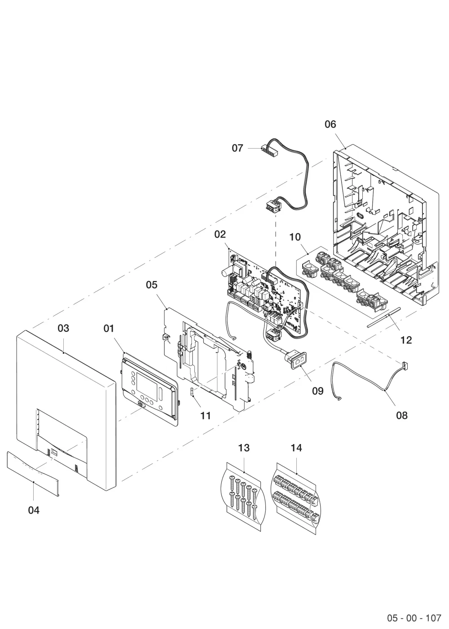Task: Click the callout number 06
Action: point(330,124)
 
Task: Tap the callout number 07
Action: point(237,148)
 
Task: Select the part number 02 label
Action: point(220,234)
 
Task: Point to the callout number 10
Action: point(295,237)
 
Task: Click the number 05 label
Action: point(152,285)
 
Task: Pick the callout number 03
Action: point(63,328)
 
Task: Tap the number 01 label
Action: point(109,328)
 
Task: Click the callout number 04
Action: point(34,510)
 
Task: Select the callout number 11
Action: point(206,416)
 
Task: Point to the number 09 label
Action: point(318,391)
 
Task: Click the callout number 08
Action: point(401,415)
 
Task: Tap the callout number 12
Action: point(406,340)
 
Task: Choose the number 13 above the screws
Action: point(244,448)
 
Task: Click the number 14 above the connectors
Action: point(296,448)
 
